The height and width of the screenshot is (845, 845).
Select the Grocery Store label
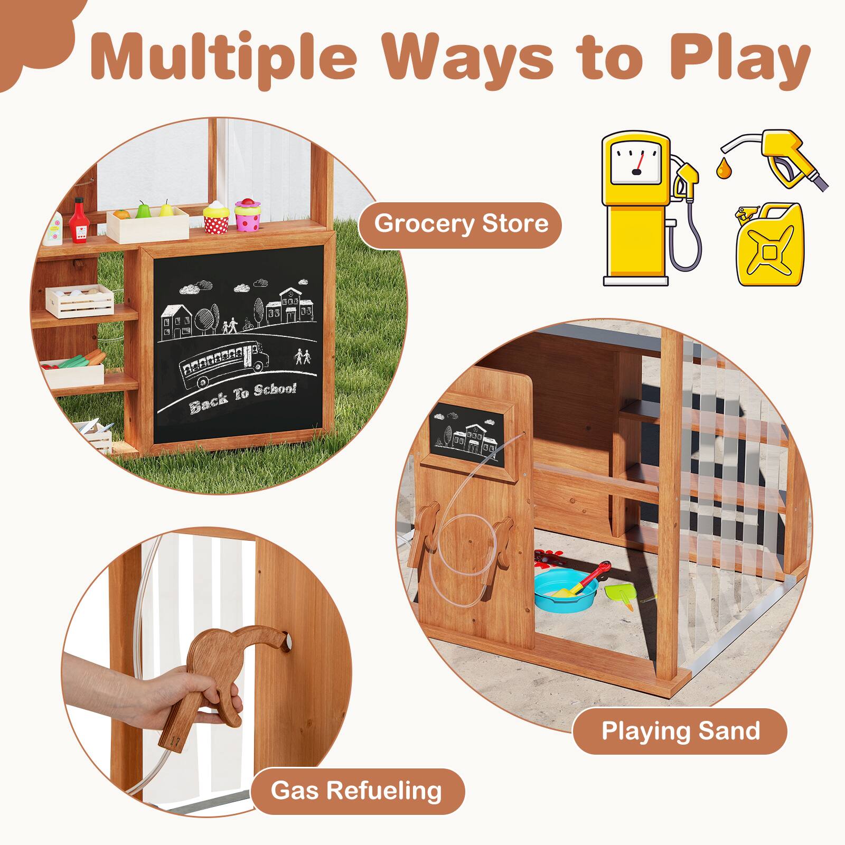(461, 223)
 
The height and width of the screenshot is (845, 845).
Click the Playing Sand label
(680, 731)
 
